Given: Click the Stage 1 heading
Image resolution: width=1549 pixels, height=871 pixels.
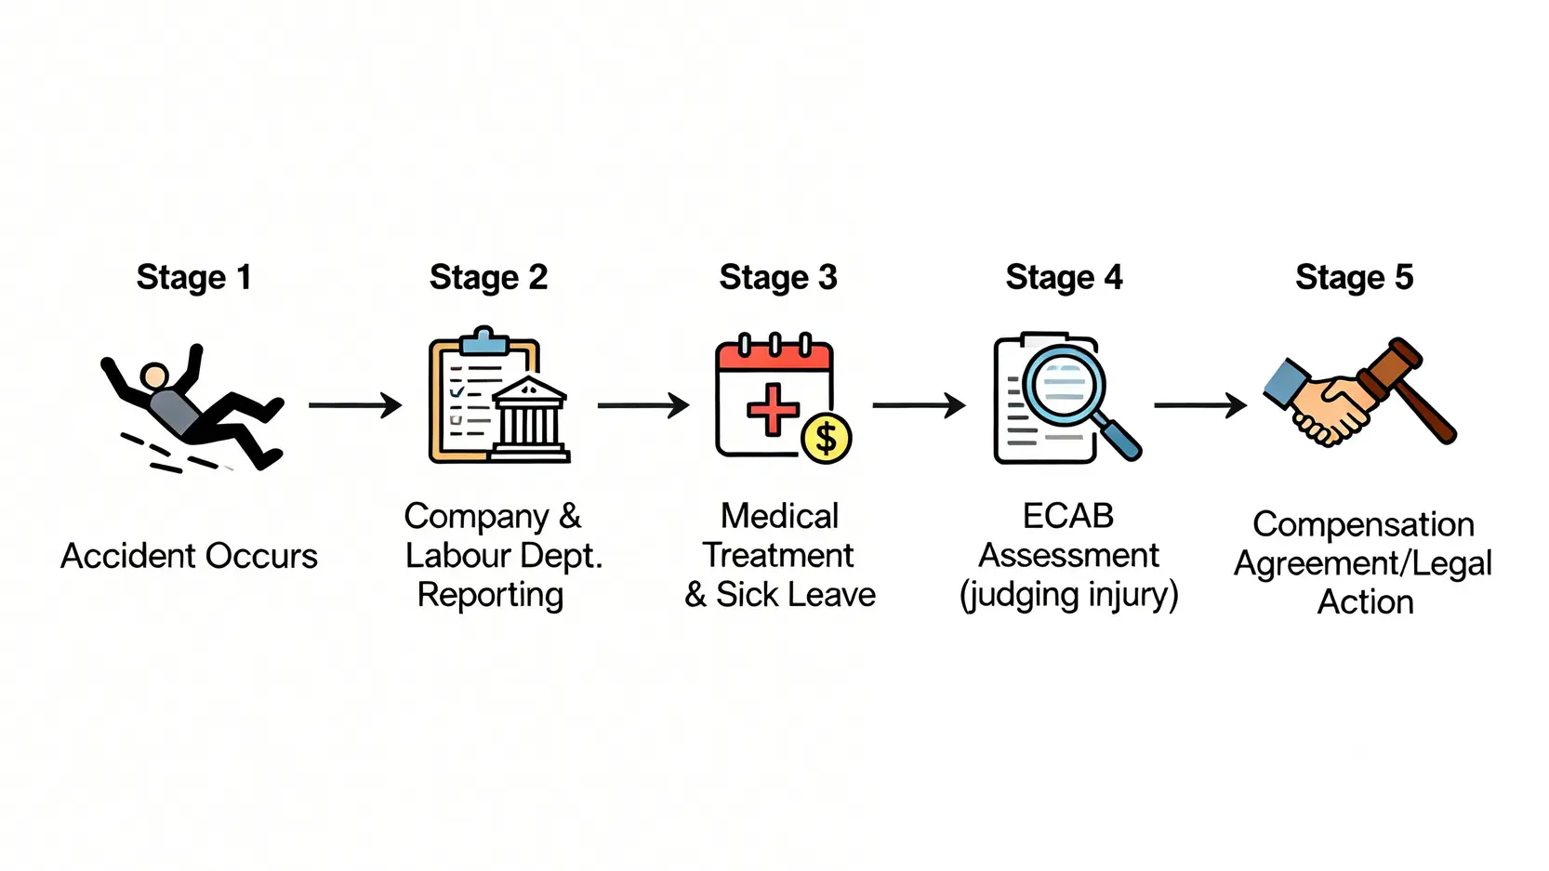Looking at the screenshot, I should pyautogui.click(x=193, y=277).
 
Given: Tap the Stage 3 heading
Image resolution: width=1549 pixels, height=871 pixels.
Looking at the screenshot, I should pyautogui.click(x=778, y=277).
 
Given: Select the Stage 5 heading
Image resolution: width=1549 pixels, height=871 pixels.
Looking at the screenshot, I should pyautogui.click(x=1354, y=277).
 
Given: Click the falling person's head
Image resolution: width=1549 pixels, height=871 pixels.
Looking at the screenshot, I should pyautogui.click(x=154, y=377).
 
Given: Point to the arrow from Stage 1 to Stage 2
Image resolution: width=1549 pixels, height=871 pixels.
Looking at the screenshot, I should pyautogui.click(x=355, y=405).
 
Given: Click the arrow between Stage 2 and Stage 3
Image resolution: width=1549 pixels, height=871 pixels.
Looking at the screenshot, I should pyautogui.click(x=643, y=405).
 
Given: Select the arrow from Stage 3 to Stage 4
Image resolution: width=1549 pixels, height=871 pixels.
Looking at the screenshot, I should pyautogui.click(x=919, y=405).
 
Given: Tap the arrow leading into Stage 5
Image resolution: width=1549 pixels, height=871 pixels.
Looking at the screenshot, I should pyautogui.click(x=1200, y=405).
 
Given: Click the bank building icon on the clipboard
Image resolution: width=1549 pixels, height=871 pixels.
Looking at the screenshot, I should pyautogui.click(x=529, y=418).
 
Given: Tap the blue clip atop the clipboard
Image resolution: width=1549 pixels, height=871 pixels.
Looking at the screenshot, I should pyautogui.click(x=483, y=341).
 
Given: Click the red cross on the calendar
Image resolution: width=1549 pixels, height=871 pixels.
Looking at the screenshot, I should pyautogui.click(x=773, y=409).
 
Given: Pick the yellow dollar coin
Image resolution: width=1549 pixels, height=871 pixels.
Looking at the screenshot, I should pyautogui.click(x=826, y=438).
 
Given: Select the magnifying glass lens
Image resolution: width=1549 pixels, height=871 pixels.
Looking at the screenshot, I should pyautogui.click(x=1065, y=383).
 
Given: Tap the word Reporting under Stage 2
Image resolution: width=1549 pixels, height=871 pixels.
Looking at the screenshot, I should pyautogui.click(x=490, y=595).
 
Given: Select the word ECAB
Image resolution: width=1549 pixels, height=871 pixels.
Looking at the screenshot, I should pyautogui.click(x=1068, y=516).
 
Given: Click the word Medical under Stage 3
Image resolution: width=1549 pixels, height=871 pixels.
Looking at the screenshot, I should pyautogui.click(x=779, y=516).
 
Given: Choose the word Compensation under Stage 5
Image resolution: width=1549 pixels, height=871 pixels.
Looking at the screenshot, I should pyautogui.click(x=1363, y=524).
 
